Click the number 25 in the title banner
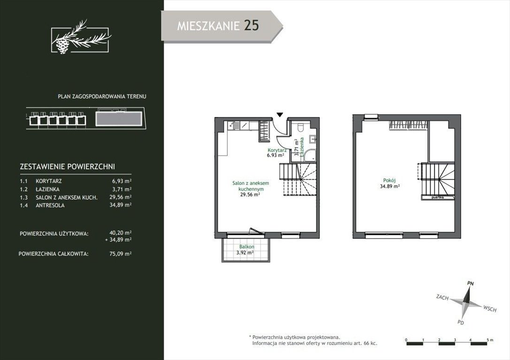click(251, 25)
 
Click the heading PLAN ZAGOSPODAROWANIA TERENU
click(102, 96)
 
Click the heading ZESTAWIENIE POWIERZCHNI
click(68, 166)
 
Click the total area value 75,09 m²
click(121, 254)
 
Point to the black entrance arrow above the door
click(280, 114)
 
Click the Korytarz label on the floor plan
click(272, 150)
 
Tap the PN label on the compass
click(470, 283)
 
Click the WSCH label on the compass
click(489, 308)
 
